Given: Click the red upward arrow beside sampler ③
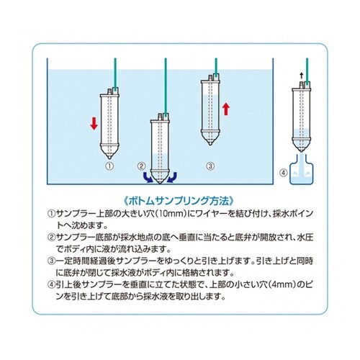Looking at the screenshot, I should pyautogui.click(x=225, y=109).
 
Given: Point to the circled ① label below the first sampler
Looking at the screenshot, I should pyautogui.click(x=109, y=166).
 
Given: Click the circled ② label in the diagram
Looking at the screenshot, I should pyautogui.click(x=141, y=166).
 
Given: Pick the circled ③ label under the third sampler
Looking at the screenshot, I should pyautogui.click(x=210, y=166).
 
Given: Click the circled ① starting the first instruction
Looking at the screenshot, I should pyautogui.click(x=51, y=214).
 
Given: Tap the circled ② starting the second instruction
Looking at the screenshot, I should pyautogui.click(x=51, y=237).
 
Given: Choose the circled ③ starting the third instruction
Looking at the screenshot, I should pyautogui.click(x=51, y=261).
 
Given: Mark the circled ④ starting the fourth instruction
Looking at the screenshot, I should pyautogui.click(x=51, y=284).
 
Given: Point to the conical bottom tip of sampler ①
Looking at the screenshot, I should pyautogui.click(x=109, y=153).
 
